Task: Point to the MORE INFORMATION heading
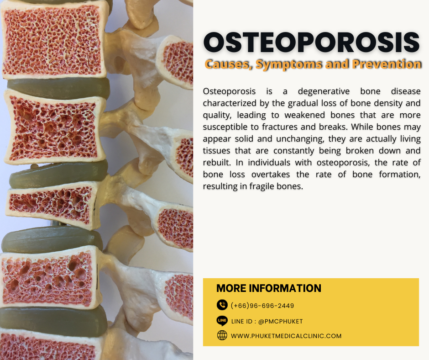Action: [x=268, y=288]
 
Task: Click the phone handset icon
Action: [x=222, y=305]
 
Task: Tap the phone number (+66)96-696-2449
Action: [x=262, y=306]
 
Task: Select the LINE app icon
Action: [x=222, y=321]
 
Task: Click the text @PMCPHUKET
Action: [x=280, y=321]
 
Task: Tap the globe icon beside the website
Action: [x=222, y=336]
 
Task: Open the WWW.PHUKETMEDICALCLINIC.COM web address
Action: [x=286, y=336]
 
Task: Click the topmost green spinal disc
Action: [x=58, y=87]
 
